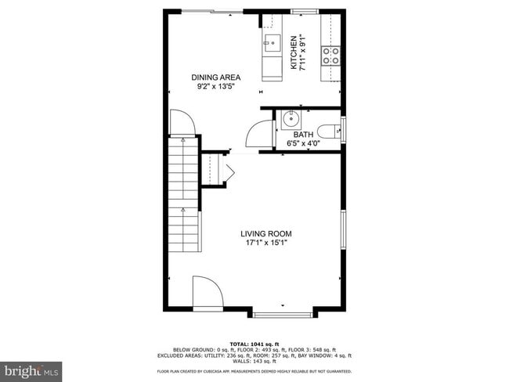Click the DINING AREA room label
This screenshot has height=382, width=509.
(216, 77)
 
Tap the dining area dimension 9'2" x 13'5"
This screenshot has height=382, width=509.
(216, 88)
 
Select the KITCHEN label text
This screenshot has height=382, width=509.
(295, 53)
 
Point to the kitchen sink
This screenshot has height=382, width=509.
(272, 43)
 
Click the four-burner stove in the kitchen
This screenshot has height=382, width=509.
(333, 55)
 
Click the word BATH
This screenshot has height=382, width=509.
(303, 134)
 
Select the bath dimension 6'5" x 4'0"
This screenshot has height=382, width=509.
(303, 143)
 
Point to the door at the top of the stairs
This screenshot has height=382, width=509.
(182, 122)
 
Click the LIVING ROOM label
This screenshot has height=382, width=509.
(265, 233)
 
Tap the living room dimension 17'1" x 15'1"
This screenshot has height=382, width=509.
(265, 243)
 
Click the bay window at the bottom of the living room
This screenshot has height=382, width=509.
(283, 315)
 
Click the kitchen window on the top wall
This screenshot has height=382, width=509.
(300, 11)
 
